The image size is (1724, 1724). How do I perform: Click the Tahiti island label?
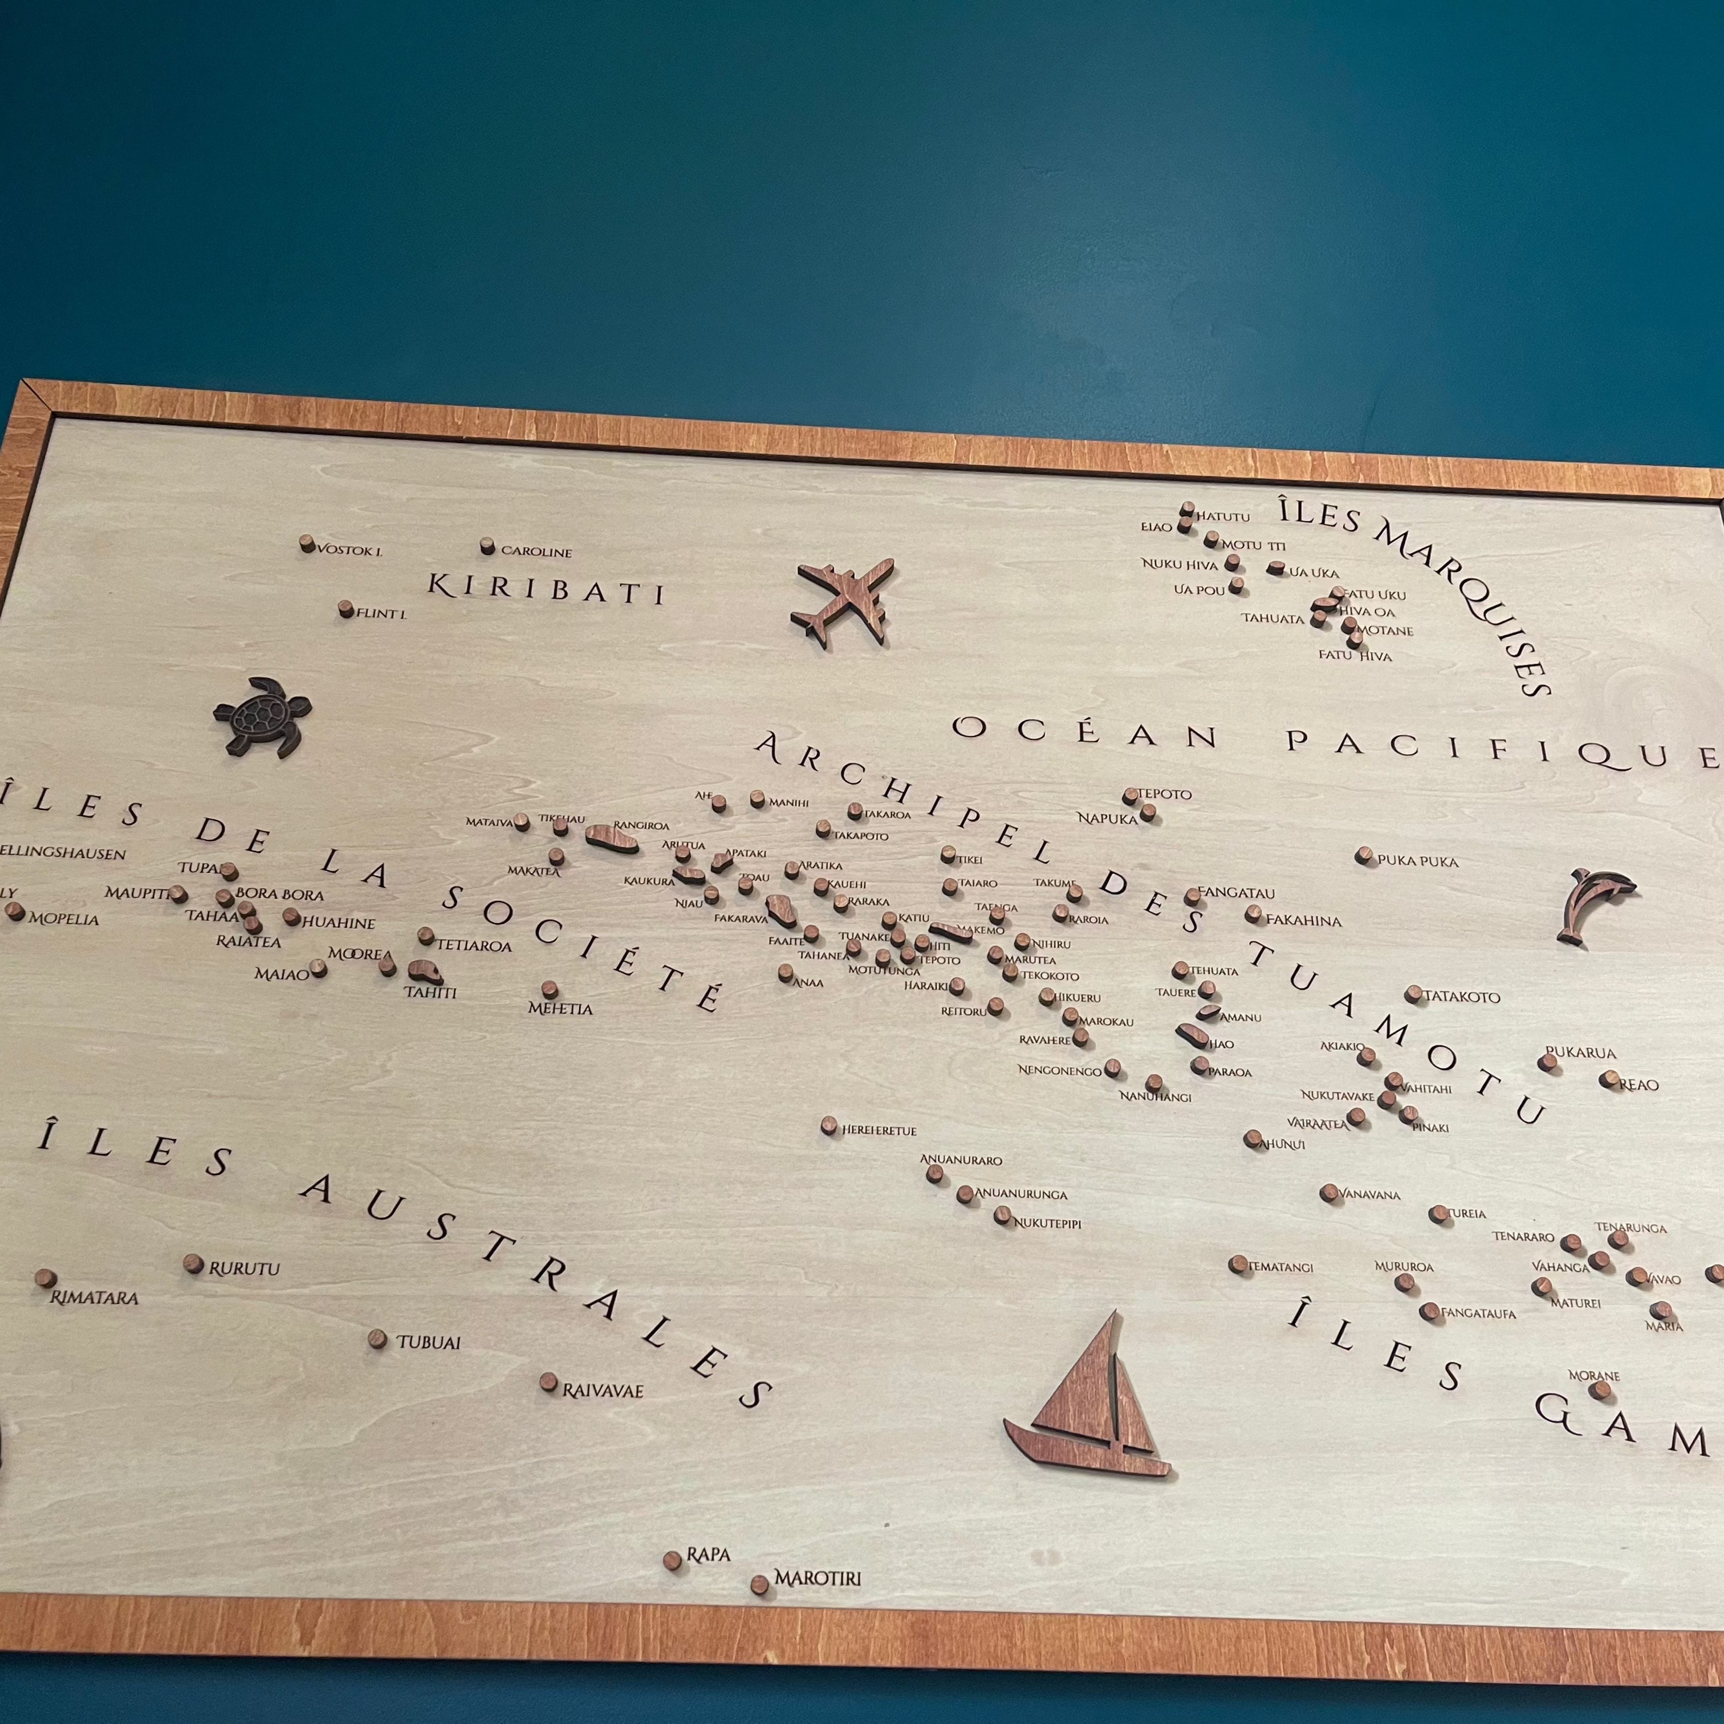430,993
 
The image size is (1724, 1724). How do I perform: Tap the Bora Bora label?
279,894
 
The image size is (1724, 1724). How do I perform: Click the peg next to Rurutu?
193,1263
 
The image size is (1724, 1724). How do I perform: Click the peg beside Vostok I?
307,543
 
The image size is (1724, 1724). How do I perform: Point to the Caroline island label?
536,551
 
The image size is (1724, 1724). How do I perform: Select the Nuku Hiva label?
1180,564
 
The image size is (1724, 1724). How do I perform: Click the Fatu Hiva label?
1355,656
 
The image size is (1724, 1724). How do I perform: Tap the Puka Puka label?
1418,861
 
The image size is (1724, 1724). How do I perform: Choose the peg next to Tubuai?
377,1339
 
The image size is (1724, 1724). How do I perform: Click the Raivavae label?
603,1390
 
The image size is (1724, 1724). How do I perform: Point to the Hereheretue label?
880,1131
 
